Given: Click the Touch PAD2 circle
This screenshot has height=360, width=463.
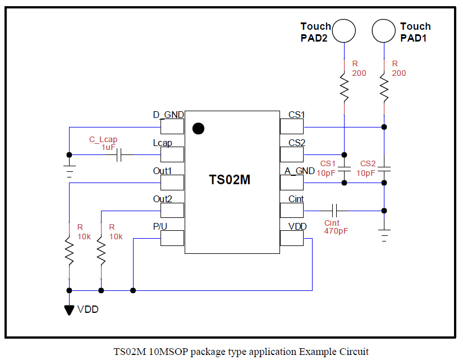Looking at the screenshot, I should pyautogui.click(x=343, y=30).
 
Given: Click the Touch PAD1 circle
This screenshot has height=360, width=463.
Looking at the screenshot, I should pyautogui.click(x=384, y=30).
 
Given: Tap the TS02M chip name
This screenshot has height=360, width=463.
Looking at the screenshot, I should pyautogui.click(x=230, y=180).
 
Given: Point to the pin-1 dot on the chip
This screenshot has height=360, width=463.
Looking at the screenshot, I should pyautogui.click(x=198, y=129).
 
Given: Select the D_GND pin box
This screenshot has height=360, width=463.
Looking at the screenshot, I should pyautogui.click(x=172, y=127).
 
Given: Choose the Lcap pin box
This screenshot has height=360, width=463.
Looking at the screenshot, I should pyautogui.click(x=172, y=154).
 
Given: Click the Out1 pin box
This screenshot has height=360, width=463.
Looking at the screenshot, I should pyautogui.click(x=172, y=183).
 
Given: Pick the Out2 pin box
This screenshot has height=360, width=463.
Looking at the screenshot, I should pyautogui.click(x=172, y=210).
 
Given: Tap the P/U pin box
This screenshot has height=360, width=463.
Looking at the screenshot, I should pyautogui.click(x=172, y=238).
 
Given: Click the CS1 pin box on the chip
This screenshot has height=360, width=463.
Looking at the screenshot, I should pyautogui.click(x=292, y=127).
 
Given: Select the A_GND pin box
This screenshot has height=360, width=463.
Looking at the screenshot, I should pyautogui.click(x=292, y=183).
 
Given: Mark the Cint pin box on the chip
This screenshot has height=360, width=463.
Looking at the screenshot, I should pyautogui.click(x=292, y=210).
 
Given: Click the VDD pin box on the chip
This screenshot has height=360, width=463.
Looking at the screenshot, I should pyautogui.click(x=292, y=238).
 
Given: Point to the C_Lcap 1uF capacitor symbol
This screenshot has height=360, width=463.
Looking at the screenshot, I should pyautogui.click(x=118, y=155).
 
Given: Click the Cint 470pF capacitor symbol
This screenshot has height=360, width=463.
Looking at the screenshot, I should pyautogui.click(x=334, y=211).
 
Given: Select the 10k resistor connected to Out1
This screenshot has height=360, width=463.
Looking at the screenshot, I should pyautogui.click(x=69, y=251).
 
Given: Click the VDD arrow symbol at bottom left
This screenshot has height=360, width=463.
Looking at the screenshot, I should pyautogui.click(x=69, y=309).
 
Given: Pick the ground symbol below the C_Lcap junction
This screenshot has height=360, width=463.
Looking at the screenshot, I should pyautogui.click(x=69, y=171).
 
